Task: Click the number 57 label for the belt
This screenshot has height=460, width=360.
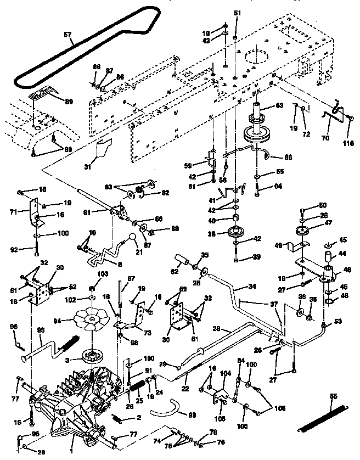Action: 67,35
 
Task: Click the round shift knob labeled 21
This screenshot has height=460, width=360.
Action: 132,237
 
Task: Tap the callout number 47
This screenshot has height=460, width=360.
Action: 329,223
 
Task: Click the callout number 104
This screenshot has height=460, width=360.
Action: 225,372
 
